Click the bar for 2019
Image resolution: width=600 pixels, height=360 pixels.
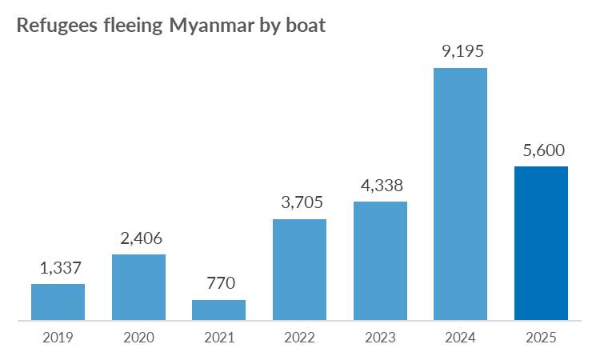(x=58, y=302)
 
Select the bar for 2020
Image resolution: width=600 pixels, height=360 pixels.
(x=138, y=288)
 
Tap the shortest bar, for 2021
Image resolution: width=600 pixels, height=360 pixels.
(x=218, y=310)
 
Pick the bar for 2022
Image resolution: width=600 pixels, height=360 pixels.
(x=299, y=270)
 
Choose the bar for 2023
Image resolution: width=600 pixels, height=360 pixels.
(x=380, y=262)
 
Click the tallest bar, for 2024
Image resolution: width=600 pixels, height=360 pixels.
(x=460, y=194)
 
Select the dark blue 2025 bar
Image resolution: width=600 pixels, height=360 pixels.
(x=541, y=244)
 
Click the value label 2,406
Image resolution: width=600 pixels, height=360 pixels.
(x=138, y=237)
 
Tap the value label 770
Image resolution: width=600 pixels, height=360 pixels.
(x=218, y=282)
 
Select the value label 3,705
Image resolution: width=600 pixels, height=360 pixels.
(x=299, y=202)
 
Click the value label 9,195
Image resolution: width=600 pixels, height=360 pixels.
(x=460, y=51)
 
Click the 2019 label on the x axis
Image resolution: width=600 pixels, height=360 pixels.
(x=58, y=338)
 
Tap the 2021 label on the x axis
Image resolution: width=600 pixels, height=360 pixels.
(x=218, y=338)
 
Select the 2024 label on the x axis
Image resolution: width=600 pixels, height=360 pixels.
(x=460, y=338)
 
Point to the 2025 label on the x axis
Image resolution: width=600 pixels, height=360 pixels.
(x=541, y=338)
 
